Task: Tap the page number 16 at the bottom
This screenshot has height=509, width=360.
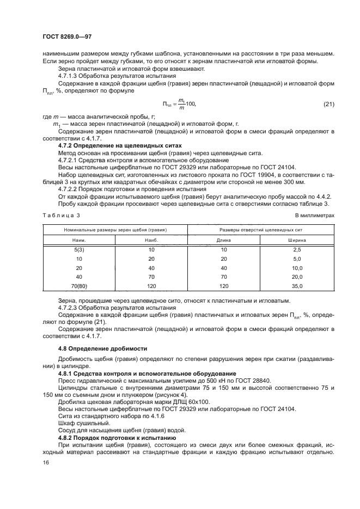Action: (x=46, y=462)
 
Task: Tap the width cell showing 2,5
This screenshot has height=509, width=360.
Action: (x=297, y=249)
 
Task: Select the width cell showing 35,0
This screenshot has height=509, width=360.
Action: (x=297, y=286)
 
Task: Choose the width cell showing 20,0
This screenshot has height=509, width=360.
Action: (x=297, y=277)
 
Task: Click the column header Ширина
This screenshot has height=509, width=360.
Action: (x=297, y=240)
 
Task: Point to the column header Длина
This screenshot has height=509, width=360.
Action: (x=224, y=240)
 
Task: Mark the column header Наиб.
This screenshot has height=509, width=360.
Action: (x=151, y=240)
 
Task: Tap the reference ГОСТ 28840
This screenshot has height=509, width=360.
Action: (x=251, y=380)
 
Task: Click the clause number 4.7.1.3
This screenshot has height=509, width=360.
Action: (x=68, y=76)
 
